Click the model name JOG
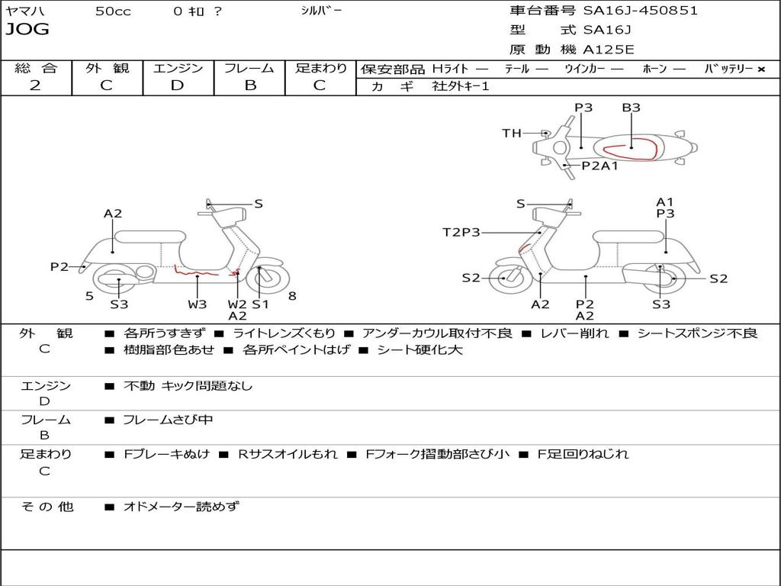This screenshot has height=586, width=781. tap(27, 30)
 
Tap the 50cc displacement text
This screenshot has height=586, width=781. tap(113, 11)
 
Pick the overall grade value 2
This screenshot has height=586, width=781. tap(35, 85)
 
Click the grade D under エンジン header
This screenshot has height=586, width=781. tap(178, 85)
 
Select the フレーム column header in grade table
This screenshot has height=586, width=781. tap(249, 68)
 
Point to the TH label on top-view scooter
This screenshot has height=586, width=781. tap(512, 134)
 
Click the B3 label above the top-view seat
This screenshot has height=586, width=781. tap(631, 108)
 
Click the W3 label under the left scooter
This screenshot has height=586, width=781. tap(198, 304)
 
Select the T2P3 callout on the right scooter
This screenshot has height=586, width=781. tap(461, 232)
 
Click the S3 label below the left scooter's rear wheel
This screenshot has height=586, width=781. tap(119, 304)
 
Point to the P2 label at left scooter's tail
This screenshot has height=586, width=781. tap(59, 266)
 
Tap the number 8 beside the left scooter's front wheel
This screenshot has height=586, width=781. tap(292, 296)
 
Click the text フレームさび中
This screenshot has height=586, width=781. tap(169, 420)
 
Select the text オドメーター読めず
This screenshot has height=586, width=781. tap(181, 506)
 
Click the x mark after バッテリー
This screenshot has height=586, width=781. tap(760, 69)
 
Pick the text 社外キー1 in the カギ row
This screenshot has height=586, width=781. tap(461, 86)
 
